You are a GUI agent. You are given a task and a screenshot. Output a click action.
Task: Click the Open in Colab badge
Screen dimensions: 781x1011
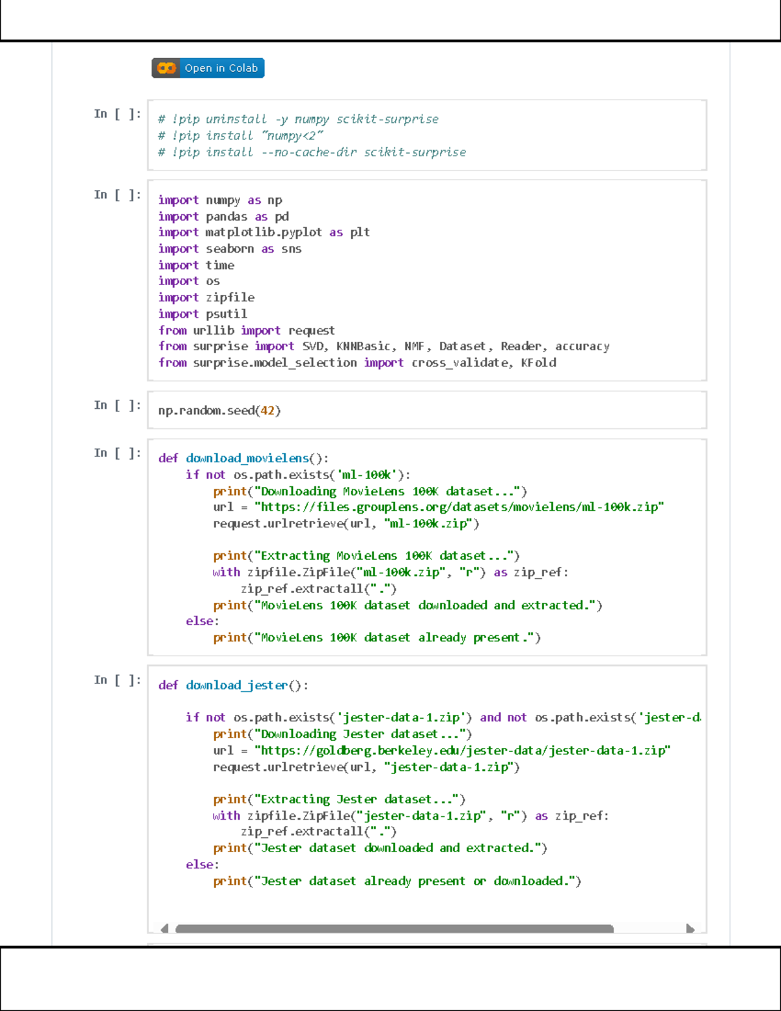(x=208, y=68)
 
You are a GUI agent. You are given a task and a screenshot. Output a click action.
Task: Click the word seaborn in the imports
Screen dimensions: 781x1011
(x=230, y=249)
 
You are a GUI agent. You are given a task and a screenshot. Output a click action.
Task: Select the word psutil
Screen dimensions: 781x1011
(x=226, y=314)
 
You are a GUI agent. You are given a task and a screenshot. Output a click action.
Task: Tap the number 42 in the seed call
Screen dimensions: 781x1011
(x=267, y=410)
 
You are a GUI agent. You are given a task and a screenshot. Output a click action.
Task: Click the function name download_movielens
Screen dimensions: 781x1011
(x=247, y=458)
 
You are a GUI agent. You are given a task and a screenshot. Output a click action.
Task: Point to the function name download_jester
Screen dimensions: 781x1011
(x=237, y=686)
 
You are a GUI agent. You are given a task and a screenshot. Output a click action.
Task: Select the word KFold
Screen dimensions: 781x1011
(x=538, y=363)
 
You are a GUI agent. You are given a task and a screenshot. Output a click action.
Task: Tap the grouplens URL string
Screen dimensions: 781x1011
(x=459, y=507)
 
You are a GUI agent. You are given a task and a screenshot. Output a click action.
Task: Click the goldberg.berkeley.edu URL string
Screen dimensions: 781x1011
(x=462, y=751)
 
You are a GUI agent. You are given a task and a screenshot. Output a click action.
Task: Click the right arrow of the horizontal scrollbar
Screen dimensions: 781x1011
(x=691, y=929)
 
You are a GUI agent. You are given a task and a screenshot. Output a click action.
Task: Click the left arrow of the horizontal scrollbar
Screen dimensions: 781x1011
(x=164, y=929)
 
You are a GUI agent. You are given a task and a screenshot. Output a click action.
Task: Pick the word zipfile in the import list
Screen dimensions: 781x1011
(x=230, y=298)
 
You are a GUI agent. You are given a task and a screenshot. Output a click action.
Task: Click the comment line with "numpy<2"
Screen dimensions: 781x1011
(x=240, y=135)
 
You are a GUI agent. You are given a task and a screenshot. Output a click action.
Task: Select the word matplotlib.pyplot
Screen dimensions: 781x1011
(x=264, y=232)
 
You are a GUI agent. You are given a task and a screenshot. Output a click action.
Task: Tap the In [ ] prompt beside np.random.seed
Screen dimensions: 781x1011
(x=118, y=406)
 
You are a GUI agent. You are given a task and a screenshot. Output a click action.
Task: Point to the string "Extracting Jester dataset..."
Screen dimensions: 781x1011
(x=356, y=799)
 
